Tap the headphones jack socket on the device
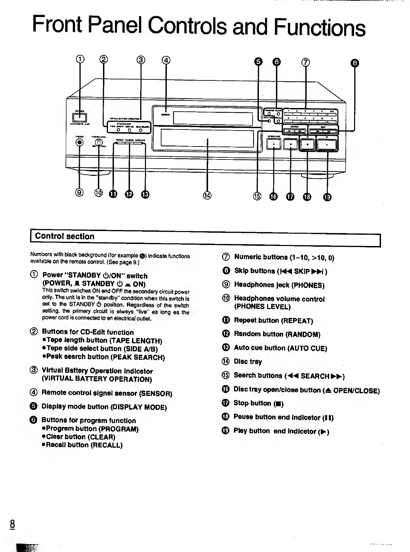[80, 142]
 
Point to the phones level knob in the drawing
[99, 143]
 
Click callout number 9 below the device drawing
[79, 193]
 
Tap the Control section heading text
[65, 236]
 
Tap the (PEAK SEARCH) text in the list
[138, 357]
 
